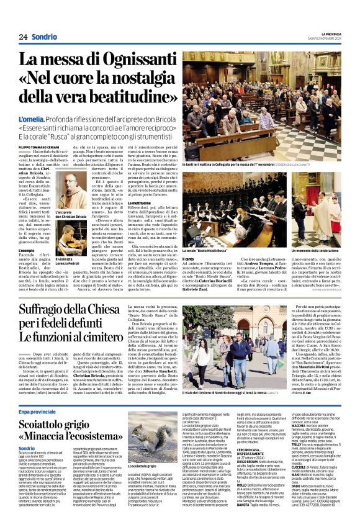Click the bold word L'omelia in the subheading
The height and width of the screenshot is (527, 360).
32,117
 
